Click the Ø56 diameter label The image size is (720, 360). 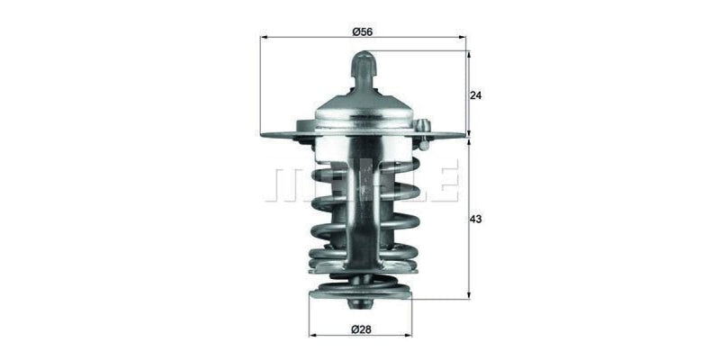[x=363, y=31]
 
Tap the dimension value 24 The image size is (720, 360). [x=476, y=94]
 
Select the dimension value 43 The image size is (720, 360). [x=476, y=219]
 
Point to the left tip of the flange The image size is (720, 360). [x=264, y=136]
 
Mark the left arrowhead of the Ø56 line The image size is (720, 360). [x=263, y=39]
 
